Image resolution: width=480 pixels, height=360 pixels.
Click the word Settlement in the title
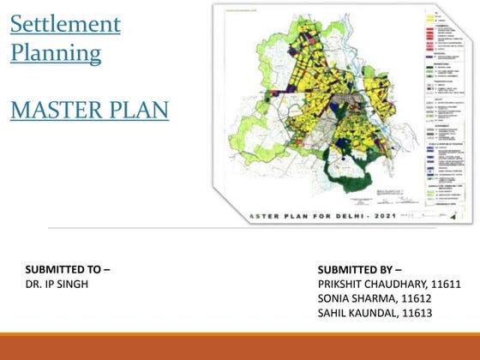(x=65, y=23)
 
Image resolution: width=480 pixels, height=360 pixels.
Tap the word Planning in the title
(x=56, y=53)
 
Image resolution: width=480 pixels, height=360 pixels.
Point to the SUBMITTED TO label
(x=68, y=270)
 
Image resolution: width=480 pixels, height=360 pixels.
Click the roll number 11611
(x=446, y=284)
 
